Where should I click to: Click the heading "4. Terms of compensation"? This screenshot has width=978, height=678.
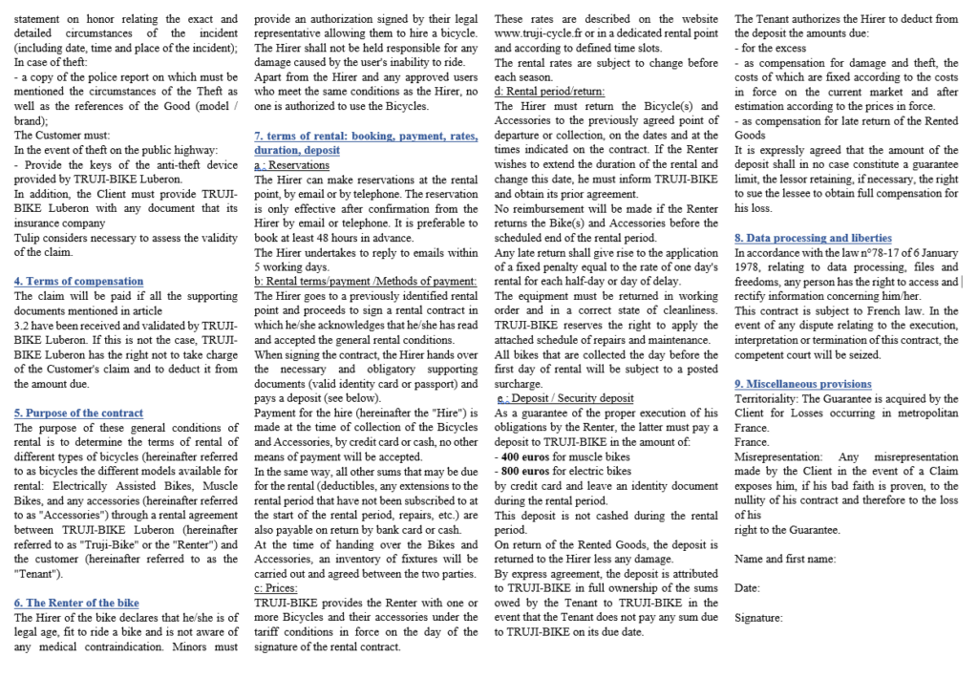click(78, 282)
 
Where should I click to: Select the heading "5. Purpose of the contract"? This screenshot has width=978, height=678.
click(78, 413)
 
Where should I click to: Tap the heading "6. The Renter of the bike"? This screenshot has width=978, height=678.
click(76, 603)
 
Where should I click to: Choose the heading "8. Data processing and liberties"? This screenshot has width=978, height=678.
click(813, 238)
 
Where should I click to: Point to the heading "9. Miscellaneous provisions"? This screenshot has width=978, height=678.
click(802, 384)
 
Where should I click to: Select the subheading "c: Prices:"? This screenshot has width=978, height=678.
click(276, 588)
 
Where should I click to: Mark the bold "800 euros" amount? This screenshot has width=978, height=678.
click(524, 471)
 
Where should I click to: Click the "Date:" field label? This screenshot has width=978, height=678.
click(747, 588)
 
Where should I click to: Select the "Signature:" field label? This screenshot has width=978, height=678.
click(758, 618)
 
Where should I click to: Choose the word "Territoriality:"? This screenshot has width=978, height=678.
click(765, 398)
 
